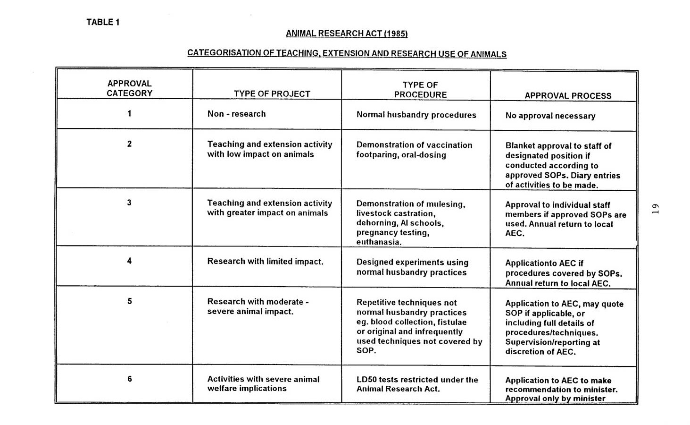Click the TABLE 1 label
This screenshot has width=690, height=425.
103,22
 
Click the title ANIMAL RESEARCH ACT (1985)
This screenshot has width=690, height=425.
347,34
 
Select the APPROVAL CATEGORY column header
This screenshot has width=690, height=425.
129,88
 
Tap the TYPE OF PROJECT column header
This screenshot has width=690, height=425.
272,94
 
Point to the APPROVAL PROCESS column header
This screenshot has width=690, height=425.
568,96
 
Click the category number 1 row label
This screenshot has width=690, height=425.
129,113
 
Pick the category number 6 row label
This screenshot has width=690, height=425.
129,379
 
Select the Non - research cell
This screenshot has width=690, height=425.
236,114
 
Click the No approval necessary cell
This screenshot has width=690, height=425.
550,116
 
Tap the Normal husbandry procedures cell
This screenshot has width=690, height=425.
416,115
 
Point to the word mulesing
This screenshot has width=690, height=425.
445,204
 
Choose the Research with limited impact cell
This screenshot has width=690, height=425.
265,262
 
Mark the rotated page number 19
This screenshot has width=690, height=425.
655,209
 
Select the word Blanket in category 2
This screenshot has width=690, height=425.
520,146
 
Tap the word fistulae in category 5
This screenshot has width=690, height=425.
451,322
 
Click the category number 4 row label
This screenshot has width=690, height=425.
129,261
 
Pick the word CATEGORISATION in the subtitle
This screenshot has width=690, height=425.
224,53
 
